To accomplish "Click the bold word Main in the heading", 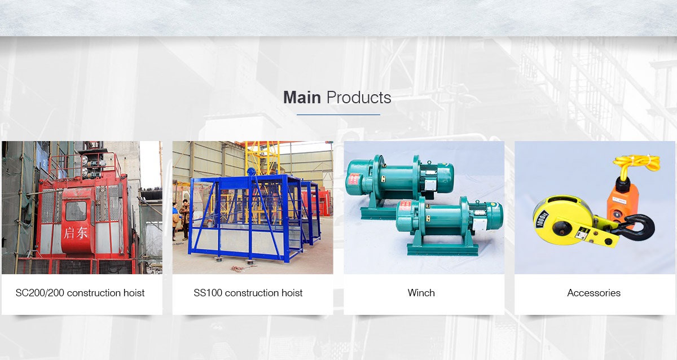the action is [x=302, y=98].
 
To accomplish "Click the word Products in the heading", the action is [x=359, y=98].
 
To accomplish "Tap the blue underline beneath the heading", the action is [x=338, y=115].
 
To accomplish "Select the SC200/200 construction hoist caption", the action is [x=80, y=293].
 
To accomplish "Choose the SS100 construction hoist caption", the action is [x=248, y=293].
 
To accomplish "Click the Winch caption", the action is [x=421, y=293].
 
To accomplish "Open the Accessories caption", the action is [x=594, y=293].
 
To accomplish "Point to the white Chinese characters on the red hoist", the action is [x=76, y=233].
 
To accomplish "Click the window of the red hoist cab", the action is [x=76, y=210].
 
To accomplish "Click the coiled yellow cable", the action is [x=636, y=164].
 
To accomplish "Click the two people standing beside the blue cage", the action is [x=181, y=219].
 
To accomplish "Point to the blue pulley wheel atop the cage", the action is [x=251, y=172].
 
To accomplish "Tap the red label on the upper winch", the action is [x=354, y=179].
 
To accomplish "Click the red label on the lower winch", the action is [x=405, y=209].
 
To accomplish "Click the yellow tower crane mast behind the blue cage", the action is [x=262, y=159].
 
